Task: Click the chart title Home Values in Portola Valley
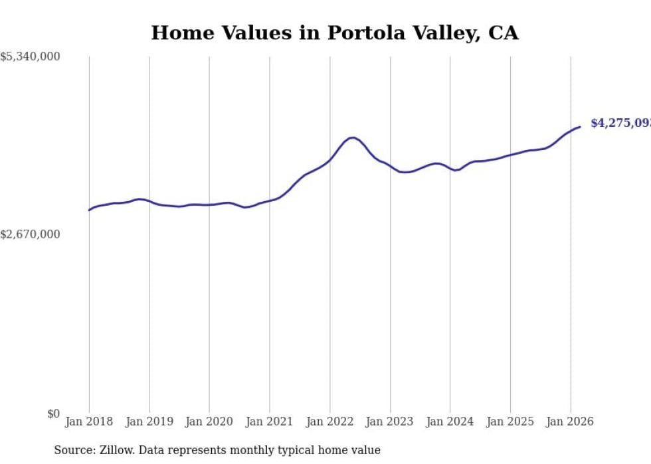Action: [334, 33]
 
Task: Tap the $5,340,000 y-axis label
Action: [30, 57]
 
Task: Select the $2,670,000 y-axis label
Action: [30, 234]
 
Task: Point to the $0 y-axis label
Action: [53, 414]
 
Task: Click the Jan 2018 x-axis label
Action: [89, 422]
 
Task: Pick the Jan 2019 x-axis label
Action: [149, 422]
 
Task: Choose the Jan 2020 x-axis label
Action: [209, 422]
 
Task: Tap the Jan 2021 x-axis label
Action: [270, 422]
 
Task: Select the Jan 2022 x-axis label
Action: [329, 422]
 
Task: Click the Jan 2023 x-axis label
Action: [390, 422]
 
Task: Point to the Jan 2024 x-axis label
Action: [450, 422]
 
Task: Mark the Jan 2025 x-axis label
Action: [510, 422]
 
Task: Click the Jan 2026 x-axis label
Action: [570, 422]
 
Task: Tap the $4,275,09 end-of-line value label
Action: [620, 123]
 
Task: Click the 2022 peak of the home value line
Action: [352, 137]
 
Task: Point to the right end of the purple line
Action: [580, 127]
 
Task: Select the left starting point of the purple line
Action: [89, 210]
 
